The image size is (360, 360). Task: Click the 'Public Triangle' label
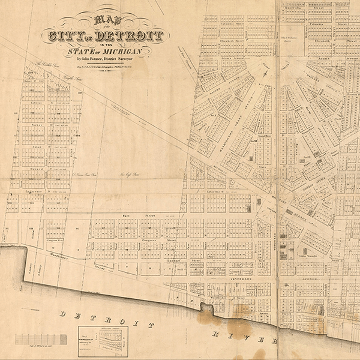point(309,255)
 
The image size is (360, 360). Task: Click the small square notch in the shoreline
point(208,308)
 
